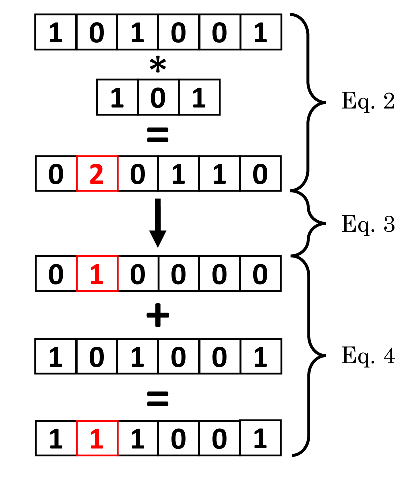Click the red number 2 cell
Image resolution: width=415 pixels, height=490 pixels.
point(97,174)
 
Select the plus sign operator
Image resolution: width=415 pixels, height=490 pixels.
point(158,316)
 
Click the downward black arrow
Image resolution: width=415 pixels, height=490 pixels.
point(158,223)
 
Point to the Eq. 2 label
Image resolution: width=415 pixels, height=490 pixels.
point(368,102)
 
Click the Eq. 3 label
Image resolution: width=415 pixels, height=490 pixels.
point(368,225)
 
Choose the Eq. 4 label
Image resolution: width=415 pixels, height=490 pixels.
point(368,356)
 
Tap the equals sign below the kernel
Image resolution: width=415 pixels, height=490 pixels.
point(158,135)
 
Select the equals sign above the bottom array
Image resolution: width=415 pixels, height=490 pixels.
point(158,398)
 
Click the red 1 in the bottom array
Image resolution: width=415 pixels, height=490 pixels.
point(97,438)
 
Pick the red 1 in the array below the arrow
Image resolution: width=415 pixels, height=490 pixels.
point(97,274)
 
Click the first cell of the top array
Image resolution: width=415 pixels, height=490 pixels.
point(56,32)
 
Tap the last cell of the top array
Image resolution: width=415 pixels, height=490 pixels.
point(260,32)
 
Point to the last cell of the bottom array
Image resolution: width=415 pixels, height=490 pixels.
point(260,438)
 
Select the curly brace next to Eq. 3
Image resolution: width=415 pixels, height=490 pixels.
point(310,224)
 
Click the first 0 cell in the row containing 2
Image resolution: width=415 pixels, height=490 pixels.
point(56,174)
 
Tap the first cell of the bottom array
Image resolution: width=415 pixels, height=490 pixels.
point(56,438)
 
